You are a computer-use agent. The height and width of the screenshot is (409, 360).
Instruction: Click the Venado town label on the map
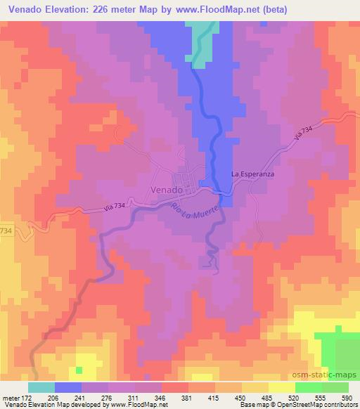[167, 190]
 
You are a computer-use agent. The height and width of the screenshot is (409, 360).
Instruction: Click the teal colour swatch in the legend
[42, 387]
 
